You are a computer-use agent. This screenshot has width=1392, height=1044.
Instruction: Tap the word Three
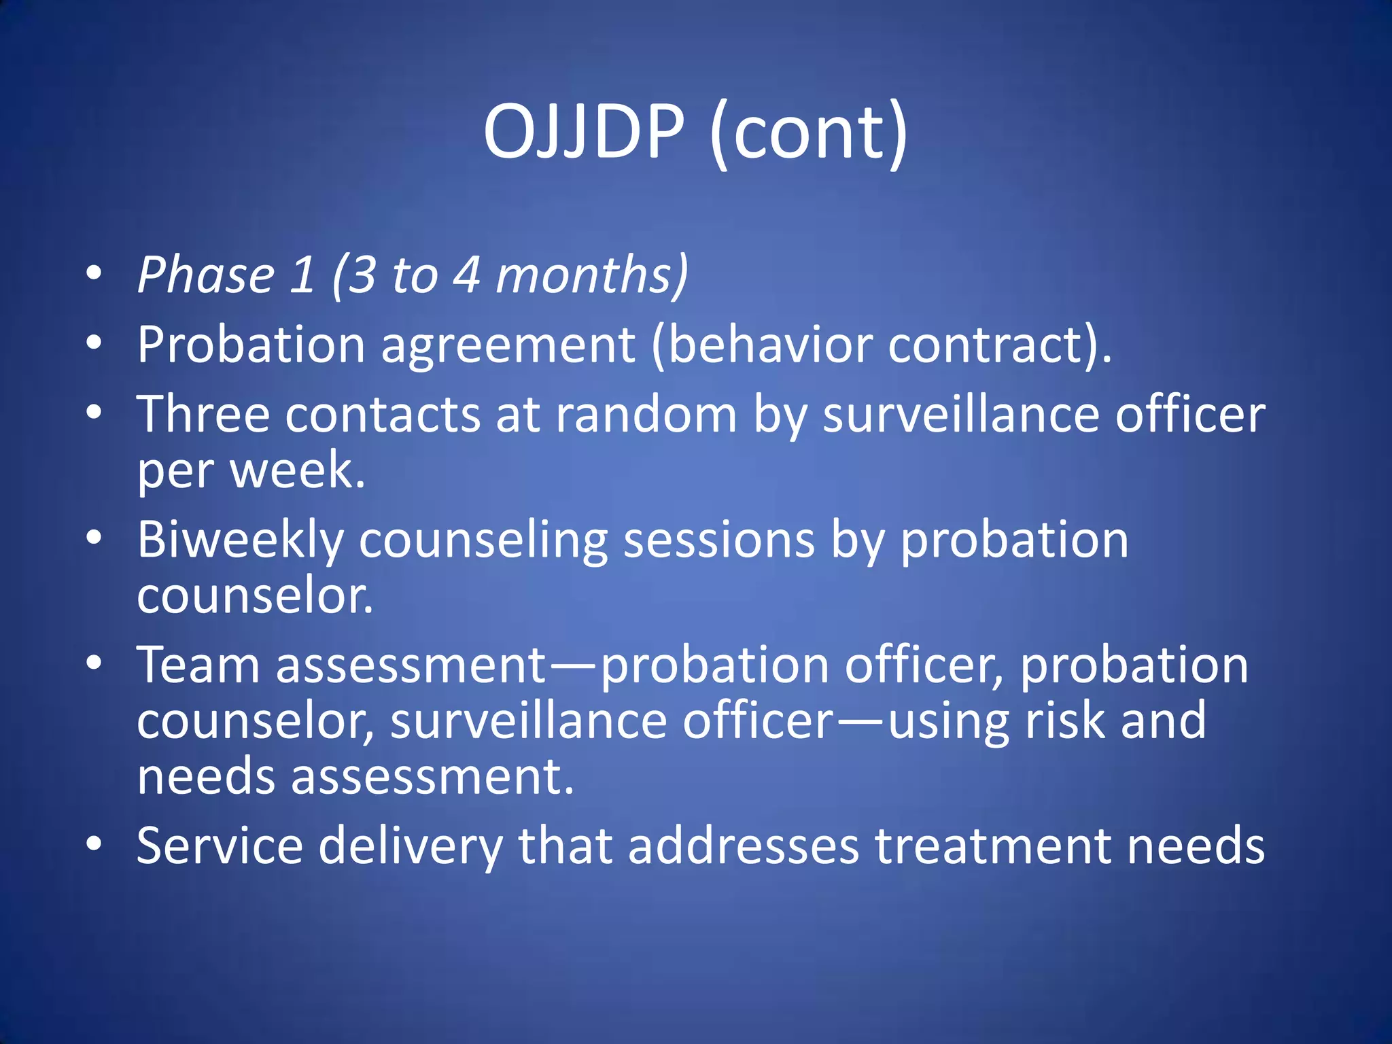[x=203, y=414]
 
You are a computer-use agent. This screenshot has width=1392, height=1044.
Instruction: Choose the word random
[x=646, y=414]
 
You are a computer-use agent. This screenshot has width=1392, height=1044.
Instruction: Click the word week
[x=297, y=470]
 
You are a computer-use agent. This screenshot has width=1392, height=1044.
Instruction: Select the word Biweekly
[x=241, y=541]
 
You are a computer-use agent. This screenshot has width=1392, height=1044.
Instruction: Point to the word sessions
[x=718, y=541]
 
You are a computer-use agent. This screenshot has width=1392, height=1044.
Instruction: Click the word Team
[x=198, y=664]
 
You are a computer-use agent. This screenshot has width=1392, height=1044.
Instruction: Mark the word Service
[x=219, y=846]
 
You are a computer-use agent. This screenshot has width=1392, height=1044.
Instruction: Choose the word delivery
[x=410, y=847]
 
